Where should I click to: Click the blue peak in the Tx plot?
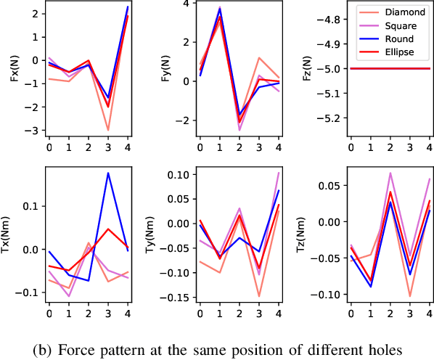pos(108,173)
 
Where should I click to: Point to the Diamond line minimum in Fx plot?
pos(108,131)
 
